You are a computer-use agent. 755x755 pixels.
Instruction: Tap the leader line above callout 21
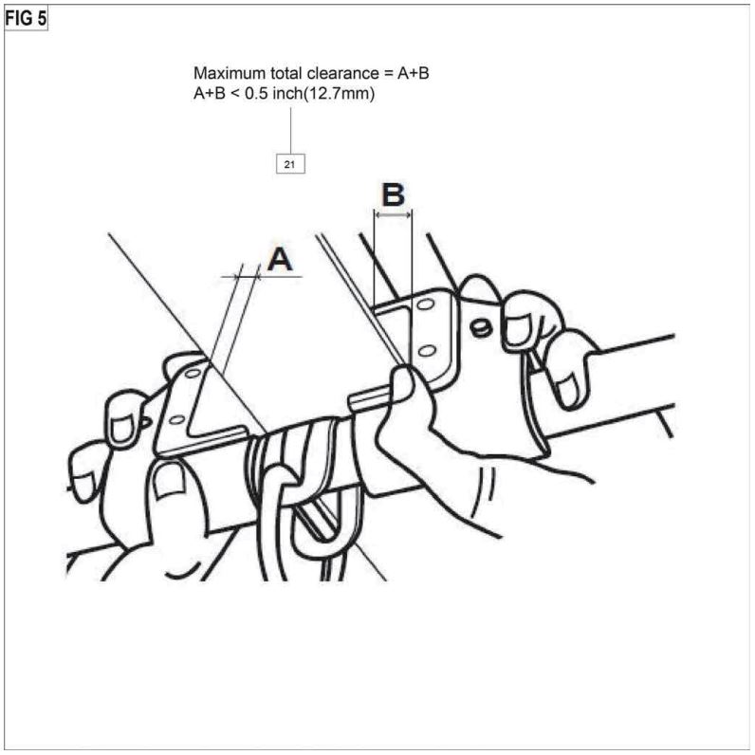pyautogui.click(x=290, y=128)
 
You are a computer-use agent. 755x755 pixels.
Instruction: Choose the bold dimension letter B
pyautogui.click(x=393, y=195)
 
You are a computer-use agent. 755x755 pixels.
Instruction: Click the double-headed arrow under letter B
pyautogui.click(x=393, y=216)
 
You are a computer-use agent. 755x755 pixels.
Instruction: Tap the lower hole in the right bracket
pyautogui.click(x=426, y=351)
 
